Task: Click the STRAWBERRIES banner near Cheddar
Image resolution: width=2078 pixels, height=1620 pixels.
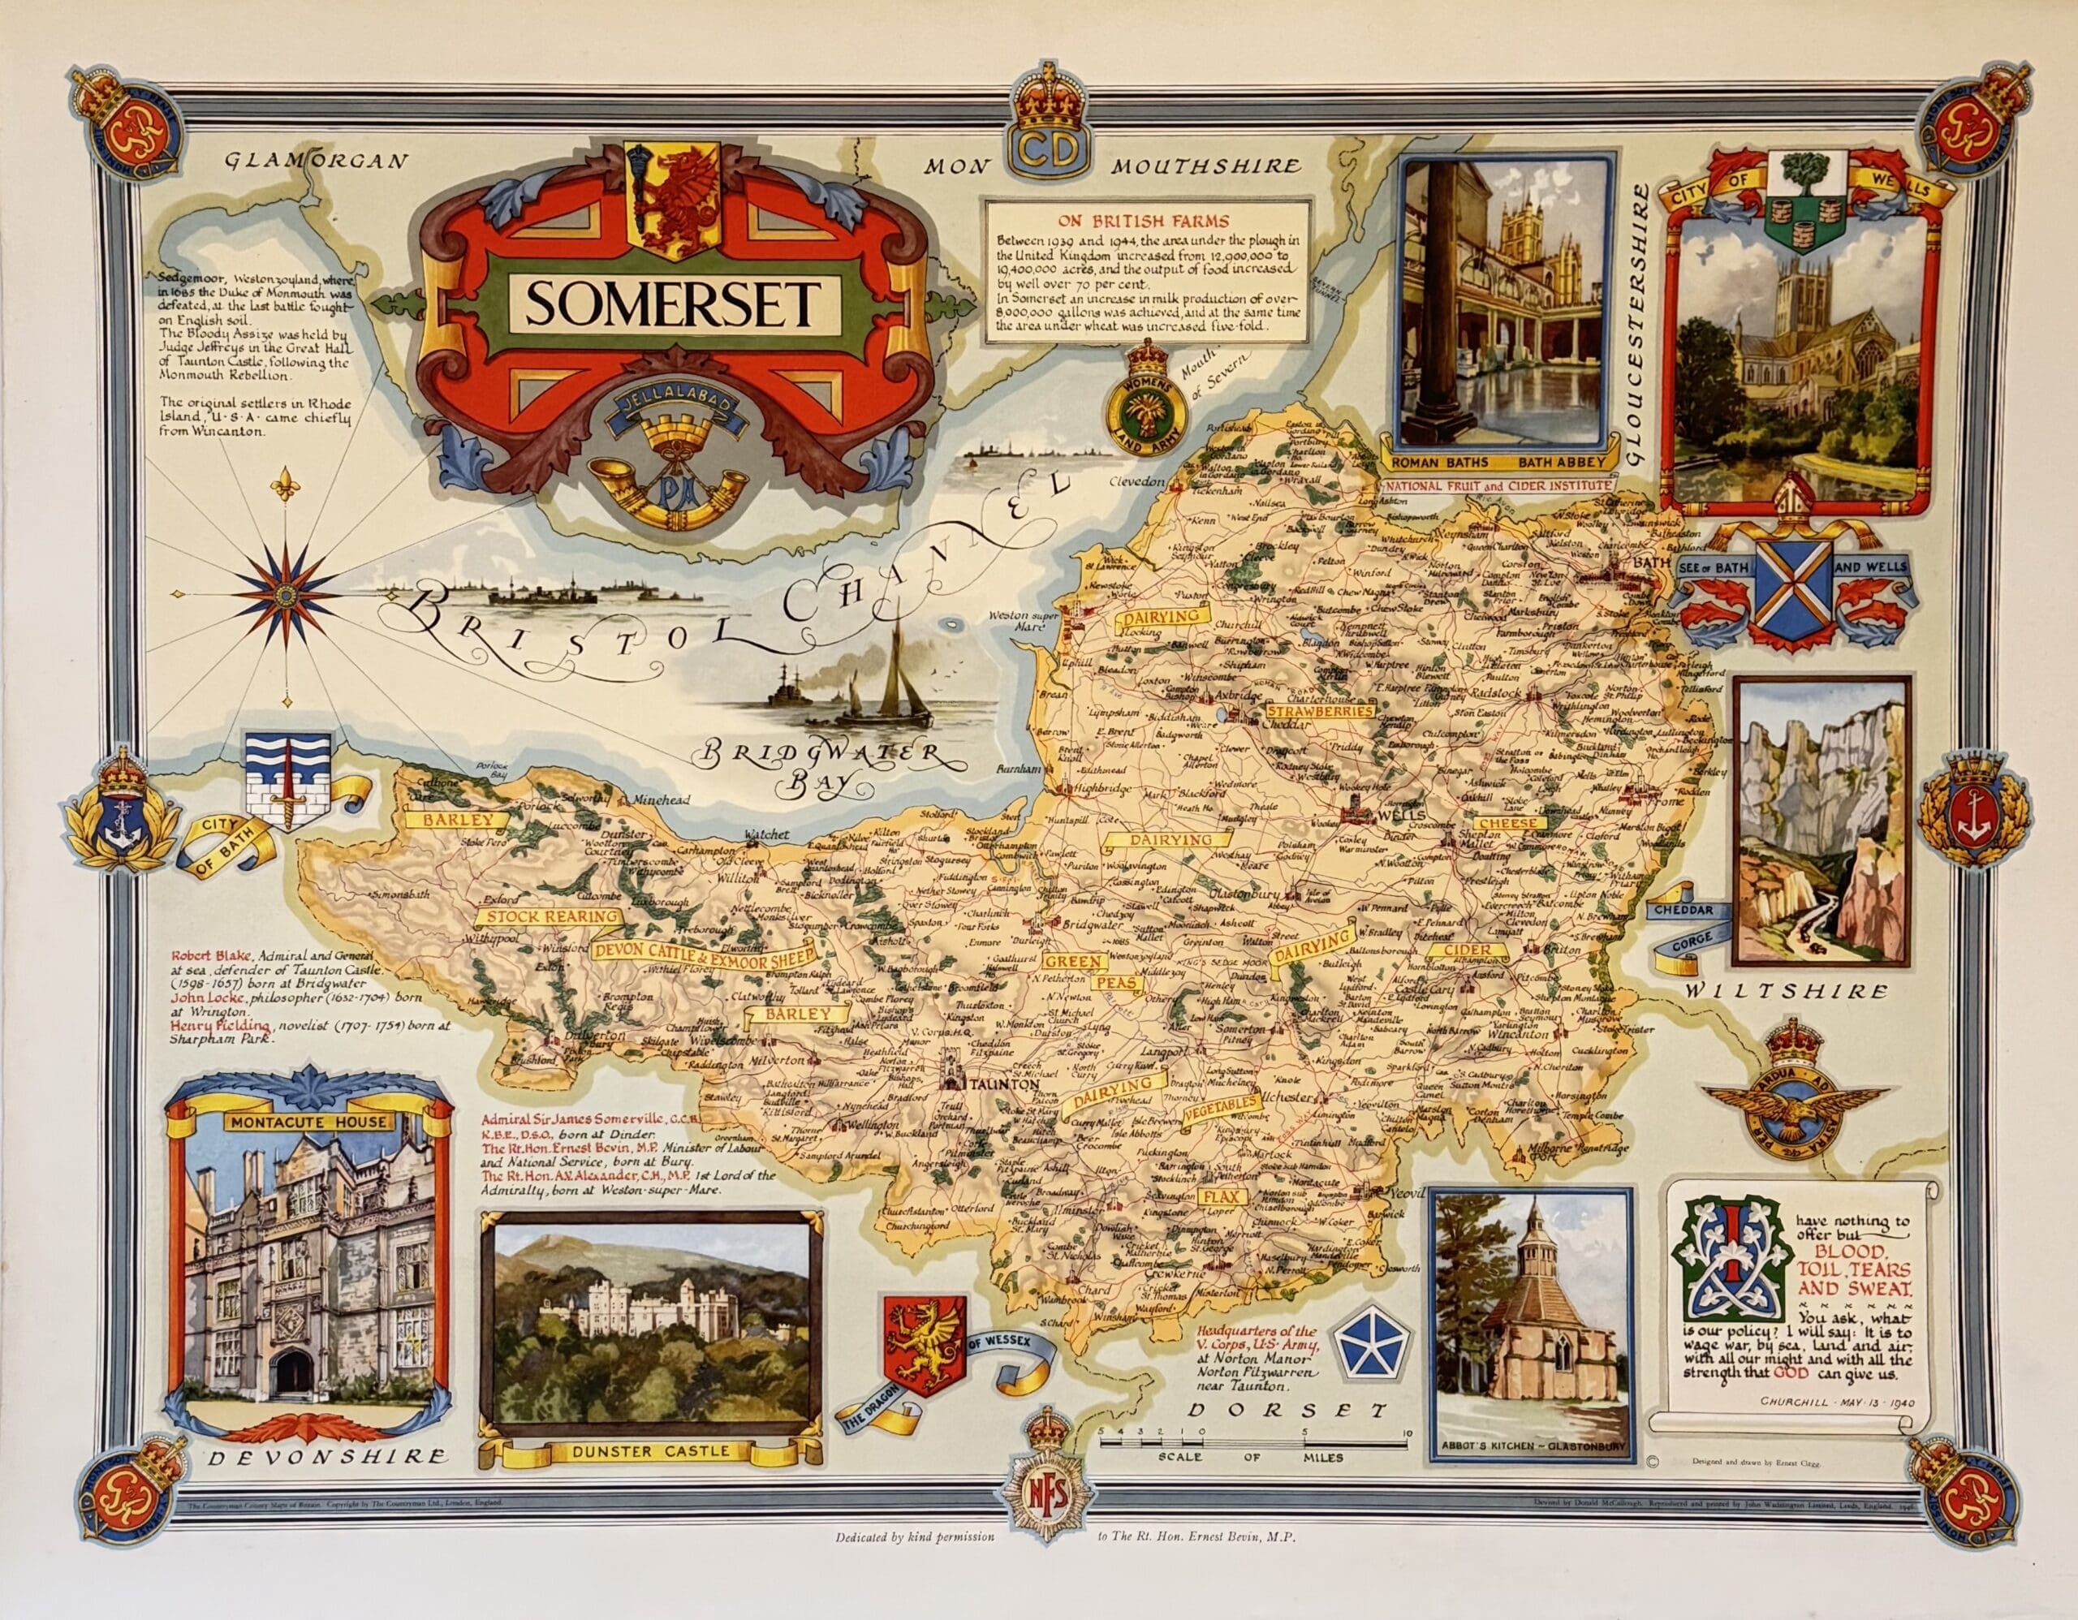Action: [x=1320, y=711]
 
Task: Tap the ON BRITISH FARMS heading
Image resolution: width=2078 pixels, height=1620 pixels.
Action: [x=1146, y=222]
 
